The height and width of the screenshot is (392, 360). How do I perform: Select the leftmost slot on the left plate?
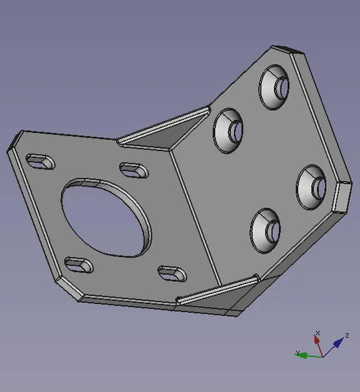click(40, 161)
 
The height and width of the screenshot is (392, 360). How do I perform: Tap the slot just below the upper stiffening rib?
click(132, 169)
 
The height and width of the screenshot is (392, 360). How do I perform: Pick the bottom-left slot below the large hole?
click(78, 265)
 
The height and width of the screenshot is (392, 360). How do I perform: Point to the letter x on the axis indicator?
click(318, 332)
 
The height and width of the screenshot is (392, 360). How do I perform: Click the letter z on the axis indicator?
click(347, 335)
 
